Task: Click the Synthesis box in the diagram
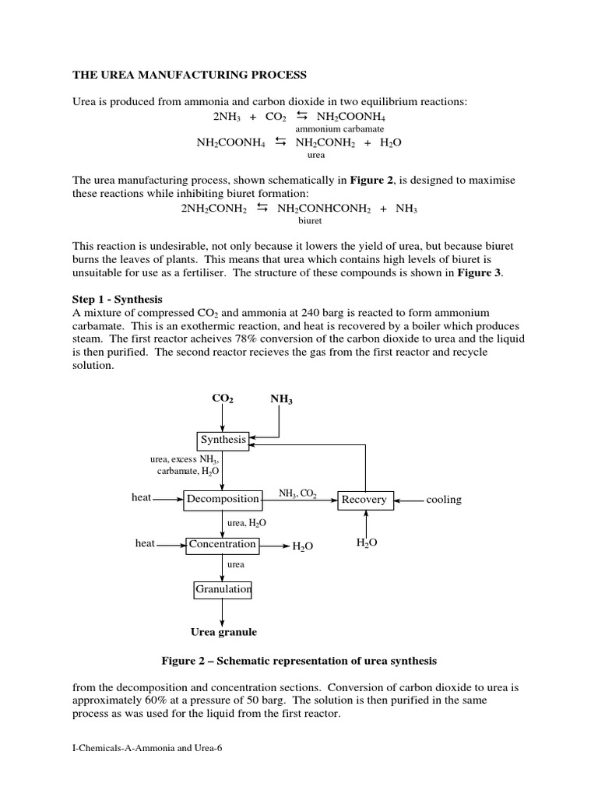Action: pyautogui.click(x=223, y=440)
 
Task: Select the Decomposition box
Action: pyautogui.click(x=223, y=499)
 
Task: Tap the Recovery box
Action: pyautogui.click(x=365, y=500)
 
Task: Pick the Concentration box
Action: pyautogui.click(x=222, y=545)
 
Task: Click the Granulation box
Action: pyautogui.click(x=223, y=590)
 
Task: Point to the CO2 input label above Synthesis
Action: pyautogui.click(x=223, y=398)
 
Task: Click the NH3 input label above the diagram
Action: pyautogui.click(x=281, y=399)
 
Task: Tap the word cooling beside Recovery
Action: pyautogui.click(x=443, y=500)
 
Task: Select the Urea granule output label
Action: pyautogui.click(x=223, y=632)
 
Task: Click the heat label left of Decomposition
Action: pyautogui.click(x=142, y=498)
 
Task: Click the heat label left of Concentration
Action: pyautogui.click(x=145, y=544)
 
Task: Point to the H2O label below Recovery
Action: pyautogui.click(x=366, y=543)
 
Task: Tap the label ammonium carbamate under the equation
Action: pyautogui.click(x=339, y=128)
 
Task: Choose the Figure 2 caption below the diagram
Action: pyautogui.click(x=299, y=661)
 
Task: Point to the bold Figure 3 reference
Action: pyautogui.click(x=482, y=272)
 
